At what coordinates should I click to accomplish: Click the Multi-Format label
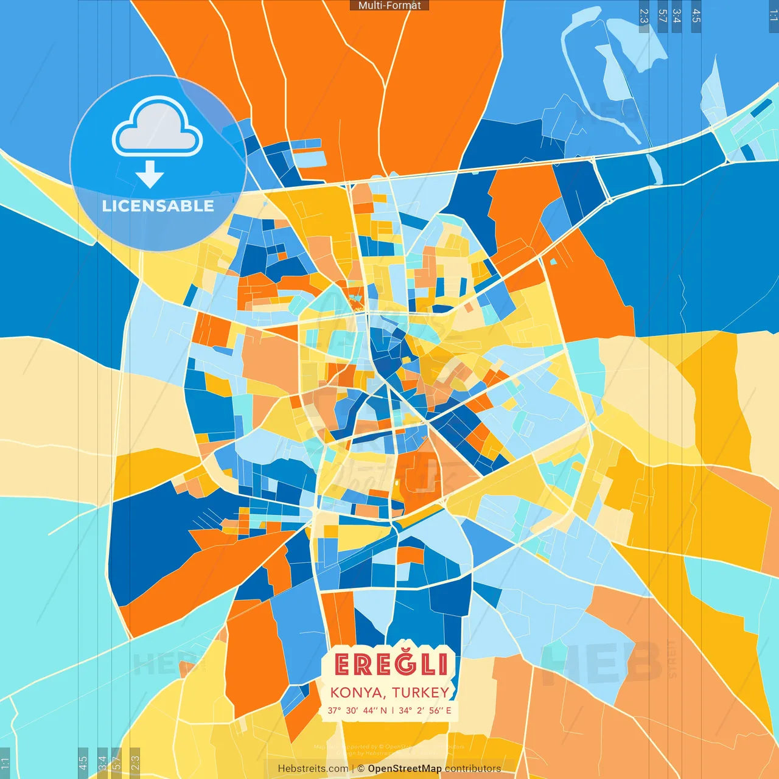[389, 5]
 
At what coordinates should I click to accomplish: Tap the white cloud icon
[157, 128]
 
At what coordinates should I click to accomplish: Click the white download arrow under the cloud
[150, 175]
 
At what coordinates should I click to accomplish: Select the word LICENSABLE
[158, 206]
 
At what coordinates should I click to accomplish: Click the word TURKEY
[421, 693]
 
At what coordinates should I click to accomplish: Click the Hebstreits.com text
[313, 769]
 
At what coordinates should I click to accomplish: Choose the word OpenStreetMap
[404, 769]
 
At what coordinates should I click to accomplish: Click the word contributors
[472, 769]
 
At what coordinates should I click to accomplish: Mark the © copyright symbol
[361, 769]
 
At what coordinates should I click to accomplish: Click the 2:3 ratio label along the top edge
[644, 16]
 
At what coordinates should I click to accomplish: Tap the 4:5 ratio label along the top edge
[696, 16]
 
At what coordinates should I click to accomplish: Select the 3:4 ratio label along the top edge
[677, 16]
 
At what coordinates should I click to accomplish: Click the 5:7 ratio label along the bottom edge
[117, 762]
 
